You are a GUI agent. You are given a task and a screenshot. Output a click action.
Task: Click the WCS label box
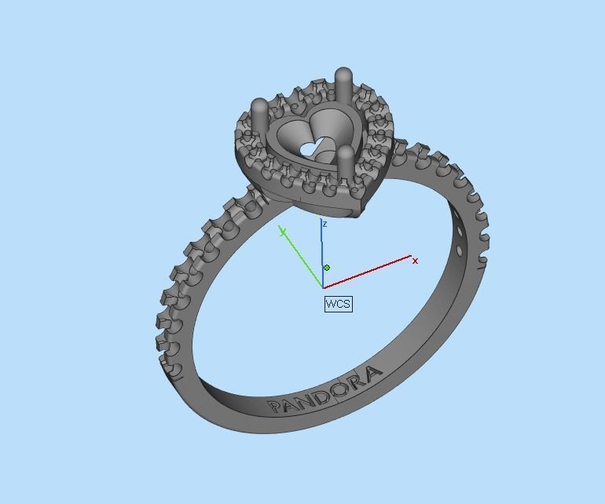point(338,304)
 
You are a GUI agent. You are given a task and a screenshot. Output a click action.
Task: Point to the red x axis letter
point(416,260)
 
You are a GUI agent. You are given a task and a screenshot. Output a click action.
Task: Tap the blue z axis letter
point(324,225)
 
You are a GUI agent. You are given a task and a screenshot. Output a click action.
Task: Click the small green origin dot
point(327,268)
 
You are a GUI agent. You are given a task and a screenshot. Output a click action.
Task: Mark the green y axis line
point(302,259)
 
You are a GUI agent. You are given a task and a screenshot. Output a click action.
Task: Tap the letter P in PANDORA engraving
point(275,407)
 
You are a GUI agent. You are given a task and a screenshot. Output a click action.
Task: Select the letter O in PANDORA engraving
point(339,388)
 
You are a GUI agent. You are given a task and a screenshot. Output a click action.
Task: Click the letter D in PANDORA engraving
point(320,396)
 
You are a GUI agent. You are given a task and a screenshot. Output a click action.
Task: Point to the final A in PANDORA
point(373,372)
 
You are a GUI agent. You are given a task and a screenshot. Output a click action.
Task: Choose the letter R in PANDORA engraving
point(356,381)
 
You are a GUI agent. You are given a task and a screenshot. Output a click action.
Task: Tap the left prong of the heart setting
point(258,115)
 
